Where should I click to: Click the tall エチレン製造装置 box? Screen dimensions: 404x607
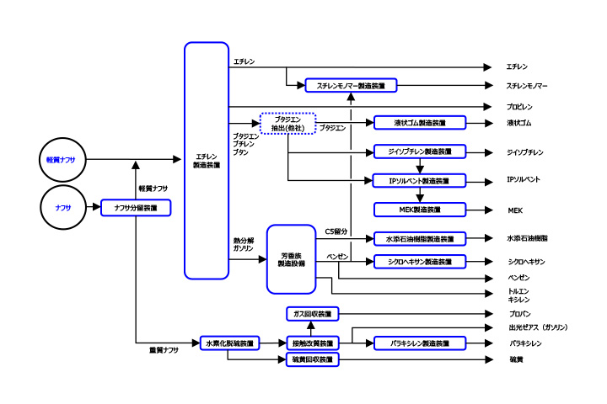coord(207,160)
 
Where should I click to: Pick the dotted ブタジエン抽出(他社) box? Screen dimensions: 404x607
coord(287,123)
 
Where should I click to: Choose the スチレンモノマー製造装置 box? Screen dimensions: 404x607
coord(351,85)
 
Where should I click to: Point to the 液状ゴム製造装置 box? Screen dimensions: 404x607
coord(419,123)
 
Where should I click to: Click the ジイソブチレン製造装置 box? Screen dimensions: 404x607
coord(419,152)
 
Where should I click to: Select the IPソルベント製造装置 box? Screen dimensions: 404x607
coord(419,181)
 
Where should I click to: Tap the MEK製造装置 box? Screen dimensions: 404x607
coord(419,209)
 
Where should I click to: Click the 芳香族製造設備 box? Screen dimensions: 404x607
coord(291,258)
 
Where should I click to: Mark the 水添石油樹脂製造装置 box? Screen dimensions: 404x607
coord(419,239)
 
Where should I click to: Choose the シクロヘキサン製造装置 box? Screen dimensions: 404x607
coord(419,262)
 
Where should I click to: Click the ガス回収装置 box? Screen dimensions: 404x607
coord(311,314)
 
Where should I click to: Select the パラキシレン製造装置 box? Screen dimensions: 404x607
coord(419,343)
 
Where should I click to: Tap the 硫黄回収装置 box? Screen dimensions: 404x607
coord(311,359)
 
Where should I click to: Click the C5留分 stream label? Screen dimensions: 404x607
coord(336,230)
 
